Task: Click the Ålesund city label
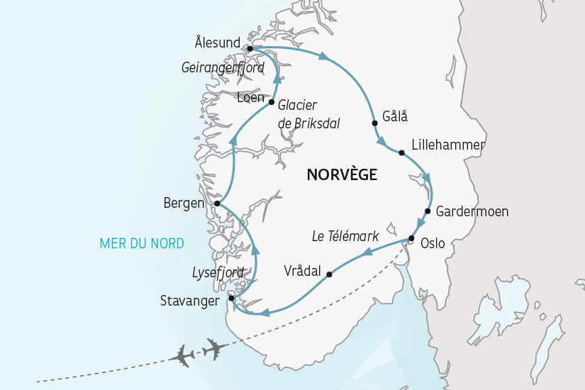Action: pos(217,43)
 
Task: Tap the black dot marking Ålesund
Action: pos(250,48)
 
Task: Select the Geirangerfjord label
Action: pos(223,68)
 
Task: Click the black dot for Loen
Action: pos(272,102)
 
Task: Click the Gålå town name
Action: pos(395,116)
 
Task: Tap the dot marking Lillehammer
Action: pos(401,152)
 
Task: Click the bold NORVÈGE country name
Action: pos(342,174)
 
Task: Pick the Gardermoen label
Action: pos(472,211)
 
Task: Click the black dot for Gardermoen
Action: pos(428,211)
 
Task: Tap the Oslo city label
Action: pos(433,243)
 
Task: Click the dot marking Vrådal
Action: pos(329,274)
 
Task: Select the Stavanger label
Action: pos(190,300)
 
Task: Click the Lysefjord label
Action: pos(218,272)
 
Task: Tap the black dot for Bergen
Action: pos(217,204)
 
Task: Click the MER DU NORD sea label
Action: pos(142,244)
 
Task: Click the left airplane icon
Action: pos(184,355)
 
